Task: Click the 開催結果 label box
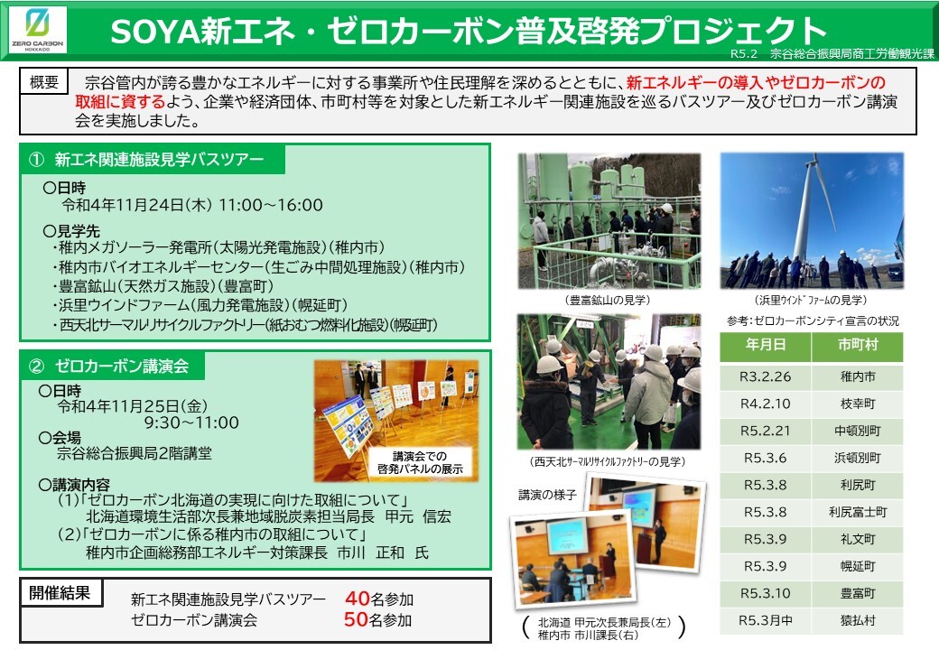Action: (60, 593)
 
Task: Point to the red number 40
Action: (357, 599)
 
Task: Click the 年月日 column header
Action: (765, 345)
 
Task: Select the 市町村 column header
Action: (857, 345)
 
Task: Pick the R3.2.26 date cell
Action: (765, 376)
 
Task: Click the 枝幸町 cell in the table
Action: (857, 404)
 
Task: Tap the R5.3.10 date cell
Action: (765, 593)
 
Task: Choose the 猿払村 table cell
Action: (857, 621)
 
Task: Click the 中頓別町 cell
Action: (857, 431)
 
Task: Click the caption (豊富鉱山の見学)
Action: (608, 300)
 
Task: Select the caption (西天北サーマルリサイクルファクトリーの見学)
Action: (608, 461)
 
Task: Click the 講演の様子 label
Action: (547, 494)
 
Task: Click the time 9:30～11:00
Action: (191, 422)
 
